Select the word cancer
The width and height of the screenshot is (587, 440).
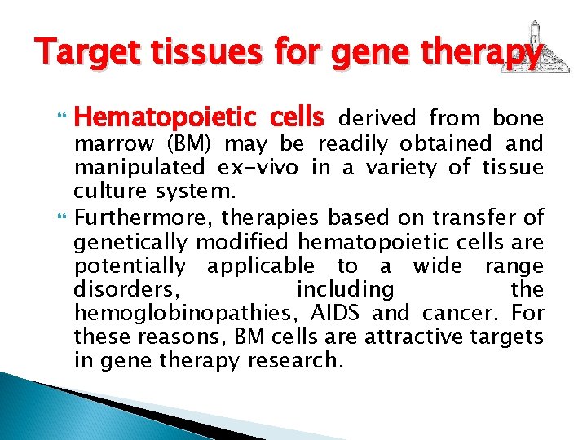462,314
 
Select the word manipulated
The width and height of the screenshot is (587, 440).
139,169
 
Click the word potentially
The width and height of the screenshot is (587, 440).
130,266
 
